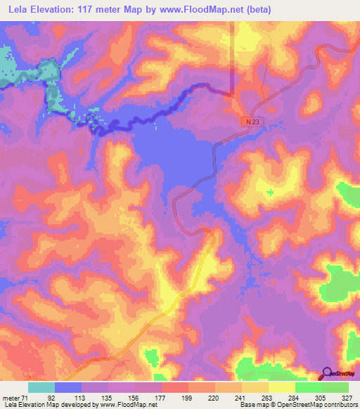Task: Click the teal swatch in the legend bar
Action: pyautogui.click(x=41, y=387)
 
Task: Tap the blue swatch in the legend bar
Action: pyautogui.click(x=68, y=387)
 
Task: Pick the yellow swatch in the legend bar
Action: pyautogui.click(x=282, y=387)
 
